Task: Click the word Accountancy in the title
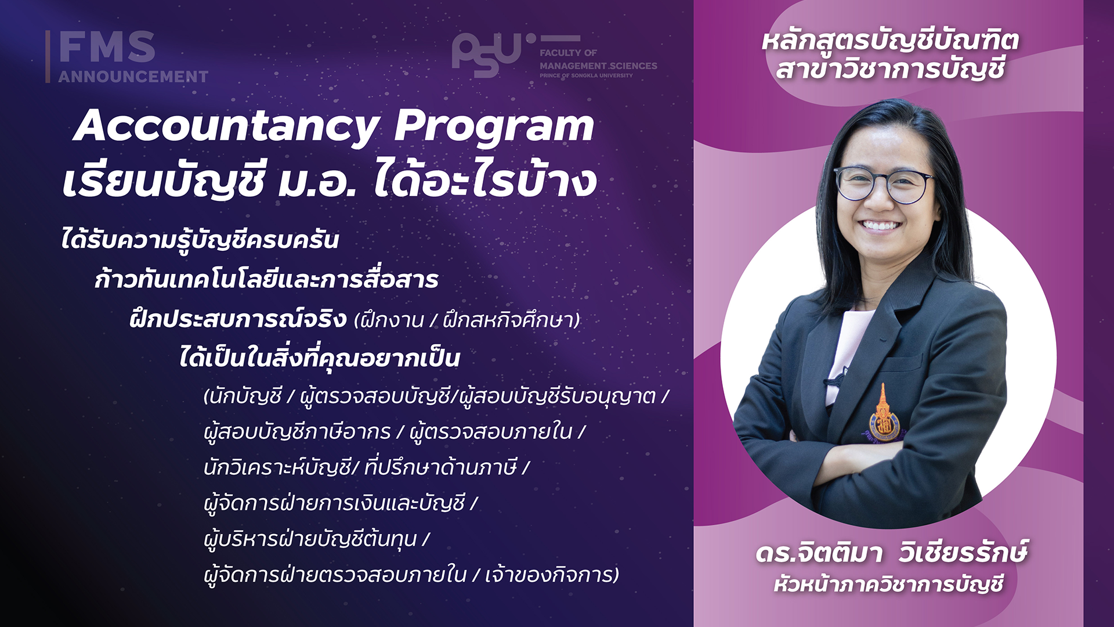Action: tap(226, 126)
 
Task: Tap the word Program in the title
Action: tap(494, 126)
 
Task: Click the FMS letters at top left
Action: tap(107, 46)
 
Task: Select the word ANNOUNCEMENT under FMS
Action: tap(133, 77)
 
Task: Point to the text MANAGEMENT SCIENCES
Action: tap(598, 66)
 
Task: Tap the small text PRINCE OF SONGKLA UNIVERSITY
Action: tap(586, 75)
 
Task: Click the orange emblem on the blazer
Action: tap(882, 416)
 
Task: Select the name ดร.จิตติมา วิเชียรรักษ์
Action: tap(891, 552)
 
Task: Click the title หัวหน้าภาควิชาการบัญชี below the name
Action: tap(888, 583)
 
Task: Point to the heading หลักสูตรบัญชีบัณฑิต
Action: tap(890, 41)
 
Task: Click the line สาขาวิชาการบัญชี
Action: tap(890, 69)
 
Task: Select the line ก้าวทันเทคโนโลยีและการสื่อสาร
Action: tap(266, 279)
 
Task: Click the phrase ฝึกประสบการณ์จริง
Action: tap(238, 319)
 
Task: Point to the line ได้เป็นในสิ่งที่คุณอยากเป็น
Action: tap(320, 357)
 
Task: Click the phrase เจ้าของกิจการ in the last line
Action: tap(552, 575)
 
